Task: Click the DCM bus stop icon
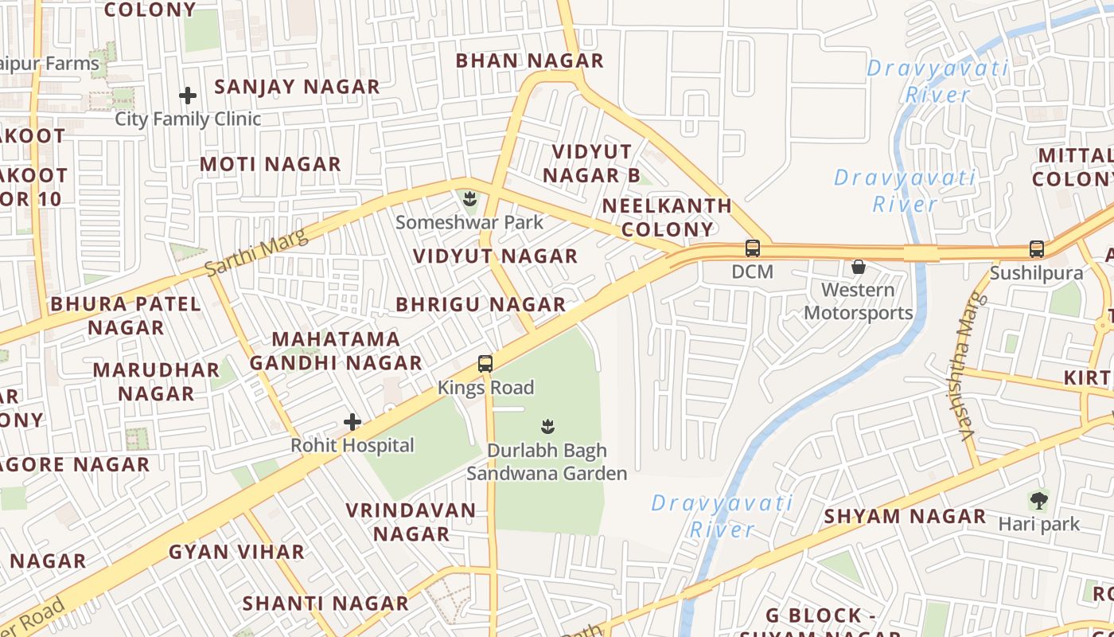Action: tap(753, 248)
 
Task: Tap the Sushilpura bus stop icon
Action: tap(1036, 249)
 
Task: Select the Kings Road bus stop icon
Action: tap(485, 364)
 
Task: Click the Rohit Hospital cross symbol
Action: tap(353, 422)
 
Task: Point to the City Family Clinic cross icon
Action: tap(188, 96)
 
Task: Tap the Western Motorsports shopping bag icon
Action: tap(859, 267)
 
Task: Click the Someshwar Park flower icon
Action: tap(469, 197)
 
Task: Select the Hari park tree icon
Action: tap(1038, 500)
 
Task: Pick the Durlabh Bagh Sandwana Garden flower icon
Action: tap(547, 426)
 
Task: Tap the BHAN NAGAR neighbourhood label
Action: tap(529, 61)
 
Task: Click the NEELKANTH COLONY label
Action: tap(667, 217)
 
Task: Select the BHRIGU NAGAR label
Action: tap(481, 304)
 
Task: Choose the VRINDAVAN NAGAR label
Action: tap(411, 522)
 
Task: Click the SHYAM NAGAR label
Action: tap(905, 516)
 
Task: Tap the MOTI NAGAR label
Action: tap(270, 164)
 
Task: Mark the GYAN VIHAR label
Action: tap(236, 552)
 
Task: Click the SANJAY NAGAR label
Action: tap(297, 87)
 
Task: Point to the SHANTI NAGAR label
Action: tap(325, 603)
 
